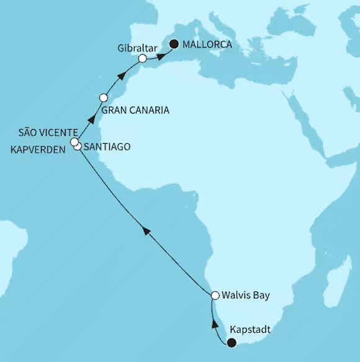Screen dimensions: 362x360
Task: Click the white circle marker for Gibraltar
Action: (x=143, y=58)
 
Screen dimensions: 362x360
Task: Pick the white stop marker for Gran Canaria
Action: (x=104, y=98)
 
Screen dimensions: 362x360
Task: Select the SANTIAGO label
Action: (x=106, y=146)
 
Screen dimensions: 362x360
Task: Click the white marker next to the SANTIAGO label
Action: (x=78, y=146)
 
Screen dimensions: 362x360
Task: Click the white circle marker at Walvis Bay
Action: (x=215, y=296)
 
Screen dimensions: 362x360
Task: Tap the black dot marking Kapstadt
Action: (x=232, y=343)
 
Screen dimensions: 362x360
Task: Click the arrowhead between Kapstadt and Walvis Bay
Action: (x=215, y=322)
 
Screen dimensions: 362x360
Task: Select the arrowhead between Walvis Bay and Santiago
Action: (x=146, y=231)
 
